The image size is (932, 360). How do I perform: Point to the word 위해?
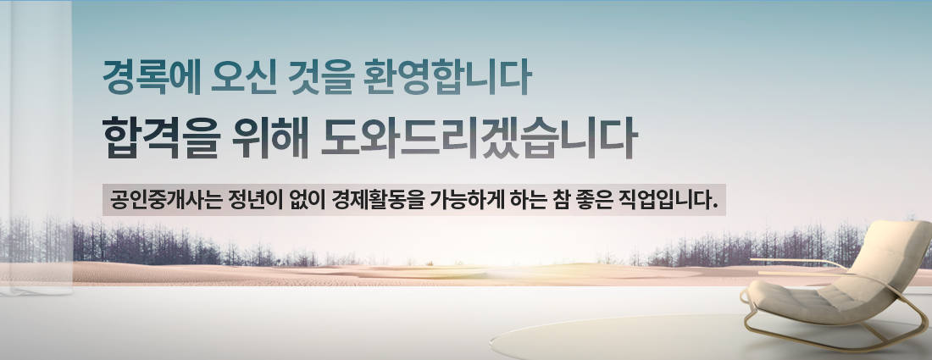click(270, 138)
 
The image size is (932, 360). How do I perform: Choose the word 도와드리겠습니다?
click(479, 138)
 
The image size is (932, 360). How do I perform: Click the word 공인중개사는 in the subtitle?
click(164, 200)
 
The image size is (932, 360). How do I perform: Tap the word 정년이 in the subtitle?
click(252, 200)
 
